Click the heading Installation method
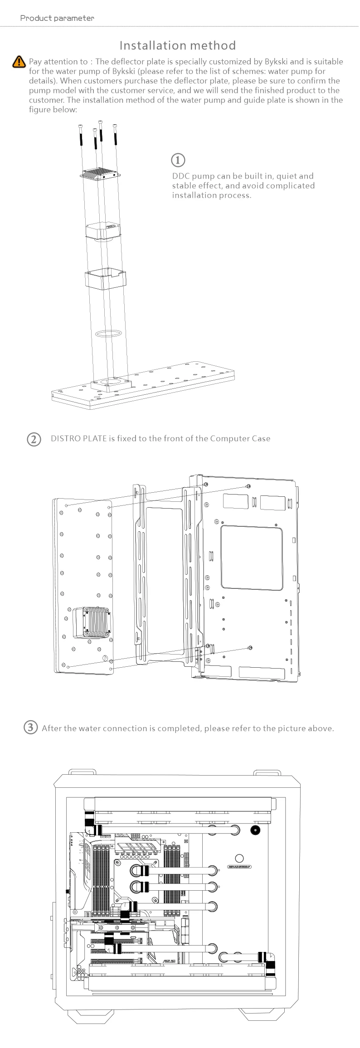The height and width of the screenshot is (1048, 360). click(x=178, y=45)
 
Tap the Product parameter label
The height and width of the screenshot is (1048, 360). click(x=57, y=18)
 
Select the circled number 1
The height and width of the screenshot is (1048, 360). click(x=178, y=160)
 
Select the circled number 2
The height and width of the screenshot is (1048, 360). click(x=34, y=439)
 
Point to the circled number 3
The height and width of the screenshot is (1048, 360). click(x=30, y=728)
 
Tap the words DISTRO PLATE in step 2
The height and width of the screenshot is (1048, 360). click(x=78, y=439)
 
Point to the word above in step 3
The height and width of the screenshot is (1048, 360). click(x=321, y=728)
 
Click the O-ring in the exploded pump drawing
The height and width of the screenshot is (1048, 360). click(x=108, y=334)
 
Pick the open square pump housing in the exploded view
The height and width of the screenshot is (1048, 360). click(x=106, y=279)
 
